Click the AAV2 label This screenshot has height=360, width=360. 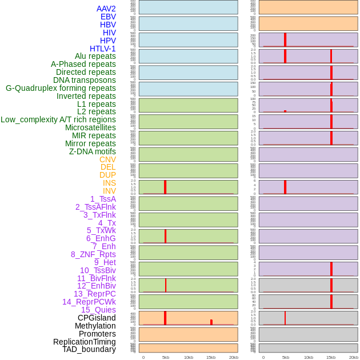[x=106, y=9]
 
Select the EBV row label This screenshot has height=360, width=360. [x=108, y=17]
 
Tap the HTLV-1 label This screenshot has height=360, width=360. [x=102, y=49]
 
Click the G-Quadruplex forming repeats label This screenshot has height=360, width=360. [x=61, y=88]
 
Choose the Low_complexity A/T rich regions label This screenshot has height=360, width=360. [x=58, y=119]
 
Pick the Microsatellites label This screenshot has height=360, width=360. [x=90, y=127]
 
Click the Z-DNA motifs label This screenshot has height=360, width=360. [x=93, y=151]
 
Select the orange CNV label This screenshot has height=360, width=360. [x=107, y=159]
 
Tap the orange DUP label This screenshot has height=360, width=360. [x=107, y=175]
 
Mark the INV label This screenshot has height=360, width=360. [x=109, y=191]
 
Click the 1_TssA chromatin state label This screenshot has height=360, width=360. [x=103, y=199]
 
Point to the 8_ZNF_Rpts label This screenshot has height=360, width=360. [x=93, y=254]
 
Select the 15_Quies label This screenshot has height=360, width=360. [x=98, y=310]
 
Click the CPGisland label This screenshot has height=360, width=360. [x=97, y=318]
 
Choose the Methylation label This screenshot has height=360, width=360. [x=95, y=326]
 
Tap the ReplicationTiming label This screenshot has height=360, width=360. [x=85, y=342]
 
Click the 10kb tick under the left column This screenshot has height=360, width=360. [x=189, y=357]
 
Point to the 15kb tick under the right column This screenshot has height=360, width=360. [x=331, y=357]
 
